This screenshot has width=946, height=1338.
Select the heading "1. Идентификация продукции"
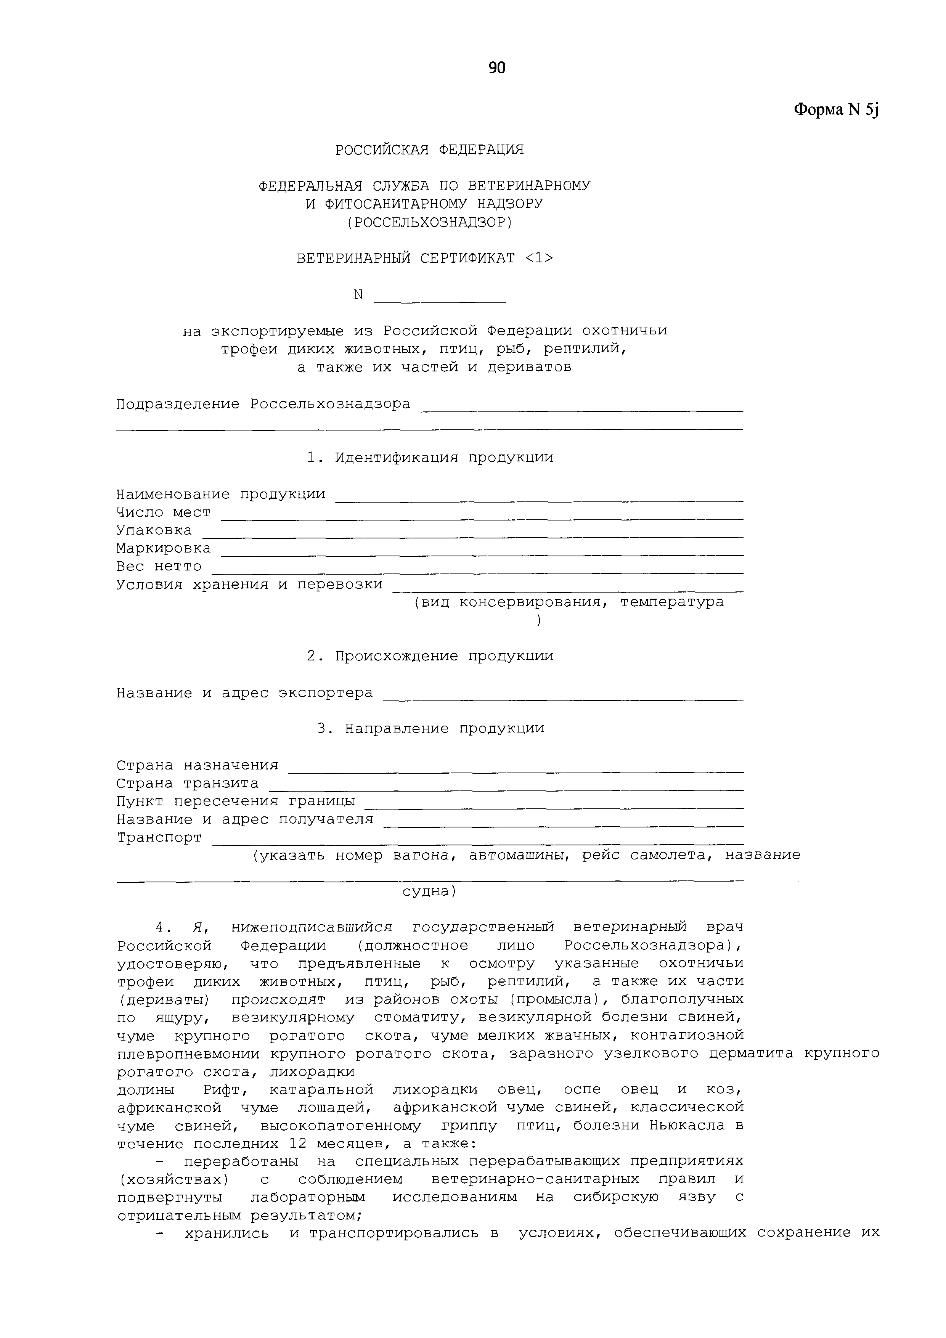tap(430, 458)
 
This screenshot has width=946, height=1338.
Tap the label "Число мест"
tap(163, 512)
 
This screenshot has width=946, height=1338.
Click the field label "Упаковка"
tap(154, 530)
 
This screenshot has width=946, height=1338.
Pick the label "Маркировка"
tap(163, 548)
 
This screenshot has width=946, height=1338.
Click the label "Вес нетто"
tap(159, 567)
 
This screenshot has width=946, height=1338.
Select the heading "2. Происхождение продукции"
tap(430, 656)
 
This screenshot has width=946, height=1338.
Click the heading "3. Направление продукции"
tap(430, 728)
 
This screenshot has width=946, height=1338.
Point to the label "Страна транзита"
tap(187, 783)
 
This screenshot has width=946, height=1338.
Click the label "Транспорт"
tap(159, 837)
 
